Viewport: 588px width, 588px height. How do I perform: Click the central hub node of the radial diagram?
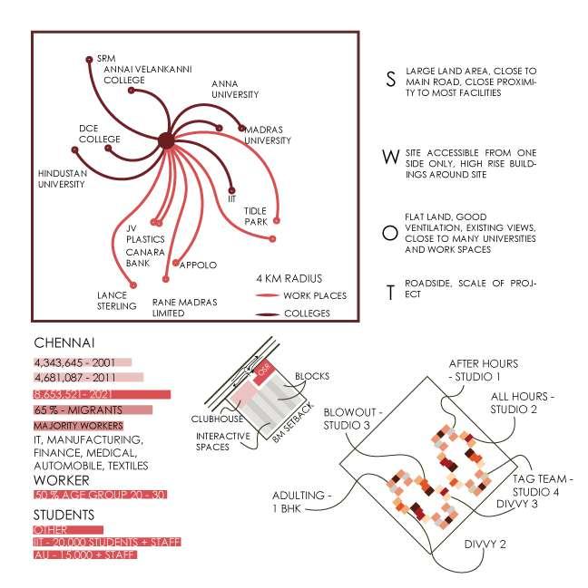166,140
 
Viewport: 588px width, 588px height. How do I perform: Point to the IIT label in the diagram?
231,196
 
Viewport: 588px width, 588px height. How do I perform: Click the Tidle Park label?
255,216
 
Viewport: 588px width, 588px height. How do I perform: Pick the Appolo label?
199,265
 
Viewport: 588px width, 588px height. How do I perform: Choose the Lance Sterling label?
116,300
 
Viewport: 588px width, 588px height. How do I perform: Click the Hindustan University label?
61,178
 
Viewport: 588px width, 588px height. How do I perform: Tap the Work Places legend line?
267,295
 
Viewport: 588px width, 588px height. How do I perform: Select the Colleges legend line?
267,314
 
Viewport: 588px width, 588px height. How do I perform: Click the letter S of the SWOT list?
390,80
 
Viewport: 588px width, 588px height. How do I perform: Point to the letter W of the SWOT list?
390,157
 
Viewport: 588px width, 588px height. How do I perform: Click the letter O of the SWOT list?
390,233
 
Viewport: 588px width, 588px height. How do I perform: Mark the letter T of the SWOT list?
390,292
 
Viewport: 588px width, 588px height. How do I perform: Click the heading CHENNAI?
64,343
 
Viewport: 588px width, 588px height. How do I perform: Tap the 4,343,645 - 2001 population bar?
82,362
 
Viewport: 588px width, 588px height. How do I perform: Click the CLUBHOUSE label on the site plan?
215,419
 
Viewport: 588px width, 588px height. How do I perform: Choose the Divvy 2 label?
484,545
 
